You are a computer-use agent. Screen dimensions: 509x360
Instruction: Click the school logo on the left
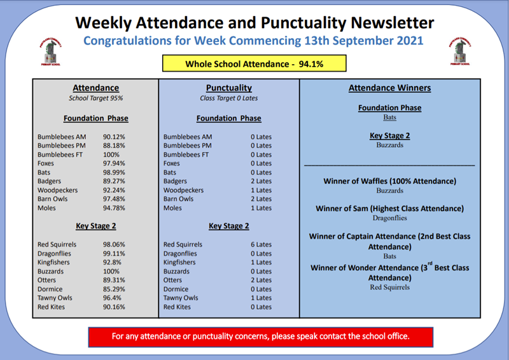point(51,52)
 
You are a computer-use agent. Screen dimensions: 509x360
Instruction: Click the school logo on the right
point(459,52)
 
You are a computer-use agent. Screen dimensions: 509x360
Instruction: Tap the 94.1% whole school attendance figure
point(311,64)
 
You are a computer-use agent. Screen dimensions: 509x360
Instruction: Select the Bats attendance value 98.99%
point(114,172)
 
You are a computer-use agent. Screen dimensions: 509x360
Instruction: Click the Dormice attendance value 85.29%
point(114,289)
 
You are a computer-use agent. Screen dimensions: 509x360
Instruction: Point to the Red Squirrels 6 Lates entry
point(261,244)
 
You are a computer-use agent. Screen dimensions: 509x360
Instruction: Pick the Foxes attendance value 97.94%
point(114,163)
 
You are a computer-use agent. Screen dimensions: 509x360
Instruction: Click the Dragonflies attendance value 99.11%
point(114,254)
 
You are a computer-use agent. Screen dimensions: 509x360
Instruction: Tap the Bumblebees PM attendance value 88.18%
point(114,146)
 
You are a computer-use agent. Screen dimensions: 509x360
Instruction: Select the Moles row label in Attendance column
point(46,208)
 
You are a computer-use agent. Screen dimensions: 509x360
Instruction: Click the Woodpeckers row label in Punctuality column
point(183,190)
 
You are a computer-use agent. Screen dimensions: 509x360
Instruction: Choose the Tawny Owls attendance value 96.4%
point(112,298)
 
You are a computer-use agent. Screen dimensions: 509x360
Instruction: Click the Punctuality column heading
point(229,88)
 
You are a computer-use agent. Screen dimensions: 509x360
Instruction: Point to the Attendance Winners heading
point(389,88)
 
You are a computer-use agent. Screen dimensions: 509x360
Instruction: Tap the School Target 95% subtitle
point(96,98)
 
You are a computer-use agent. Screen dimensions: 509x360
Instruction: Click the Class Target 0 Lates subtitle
point(229,98)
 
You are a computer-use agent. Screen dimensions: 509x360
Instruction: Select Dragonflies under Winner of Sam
point(389,218)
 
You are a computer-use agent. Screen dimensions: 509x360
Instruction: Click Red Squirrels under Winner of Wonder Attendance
point(389,287)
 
